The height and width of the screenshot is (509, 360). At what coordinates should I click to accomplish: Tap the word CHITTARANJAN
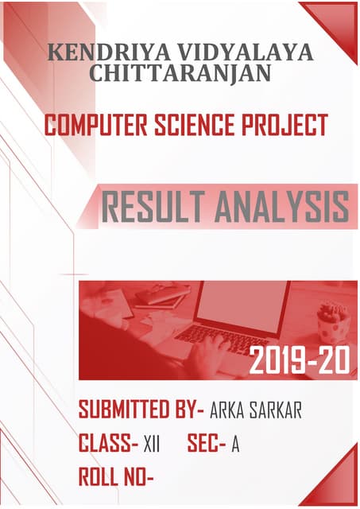[x=181, y=74]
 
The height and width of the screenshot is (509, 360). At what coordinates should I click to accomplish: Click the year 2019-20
[x=299, y=362]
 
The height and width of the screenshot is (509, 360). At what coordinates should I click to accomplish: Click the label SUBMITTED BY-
[x=141, y=410]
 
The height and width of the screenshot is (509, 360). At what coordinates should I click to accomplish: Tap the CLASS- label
[x=109, y=443]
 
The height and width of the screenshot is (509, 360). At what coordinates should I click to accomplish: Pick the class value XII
[x=152, y=444]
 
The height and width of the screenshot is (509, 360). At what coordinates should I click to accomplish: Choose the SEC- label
[x=207, y=443]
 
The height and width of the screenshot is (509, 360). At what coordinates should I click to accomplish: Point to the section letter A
[x=235, y=444]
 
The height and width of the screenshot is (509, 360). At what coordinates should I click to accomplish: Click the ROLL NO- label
[x=116, y=476]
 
